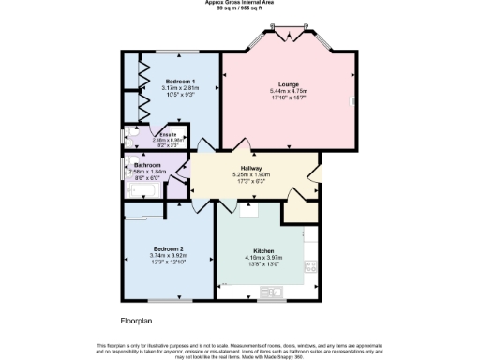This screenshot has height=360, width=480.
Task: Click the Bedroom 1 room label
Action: click(x=181, y=82)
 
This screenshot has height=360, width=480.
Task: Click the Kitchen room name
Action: click(x=262, y=250)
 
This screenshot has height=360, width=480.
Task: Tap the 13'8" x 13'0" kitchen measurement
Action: click(x=262, y=265)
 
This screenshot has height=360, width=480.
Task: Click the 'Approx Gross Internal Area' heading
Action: click(x=239, y=3)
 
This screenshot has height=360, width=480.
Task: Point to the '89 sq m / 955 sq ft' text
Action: click(x=239, y=8)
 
